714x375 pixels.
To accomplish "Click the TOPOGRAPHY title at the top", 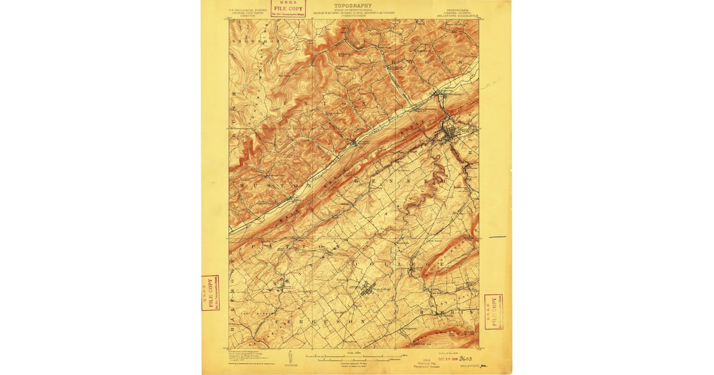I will point(353,5).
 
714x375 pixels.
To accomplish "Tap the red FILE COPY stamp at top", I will point(287,8).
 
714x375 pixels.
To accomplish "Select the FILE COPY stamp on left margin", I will point(210,292).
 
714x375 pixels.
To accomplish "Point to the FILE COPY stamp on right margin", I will point(493,311).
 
